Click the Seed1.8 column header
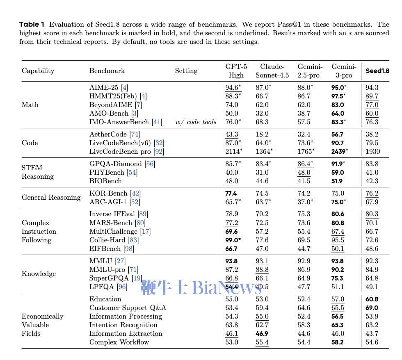[377, 71]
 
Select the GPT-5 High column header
[236, 71]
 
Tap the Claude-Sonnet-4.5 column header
[272, 71]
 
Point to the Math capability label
[30, 105]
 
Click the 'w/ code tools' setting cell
[196, 122]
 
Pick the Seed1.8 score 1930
[372, 151]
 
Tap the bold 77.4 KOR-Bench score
[231, 193]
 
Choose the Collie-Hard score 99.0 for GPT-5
[233, 240]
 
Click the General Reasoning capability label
[51, 197]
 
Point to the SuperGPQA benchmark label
[109, 278]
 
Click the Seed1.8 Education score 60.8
[372, 299]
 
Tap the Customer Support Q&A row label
[128, 308]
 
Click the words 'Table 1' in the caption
[32, 24]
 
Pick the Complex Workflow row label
[119, 342]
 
